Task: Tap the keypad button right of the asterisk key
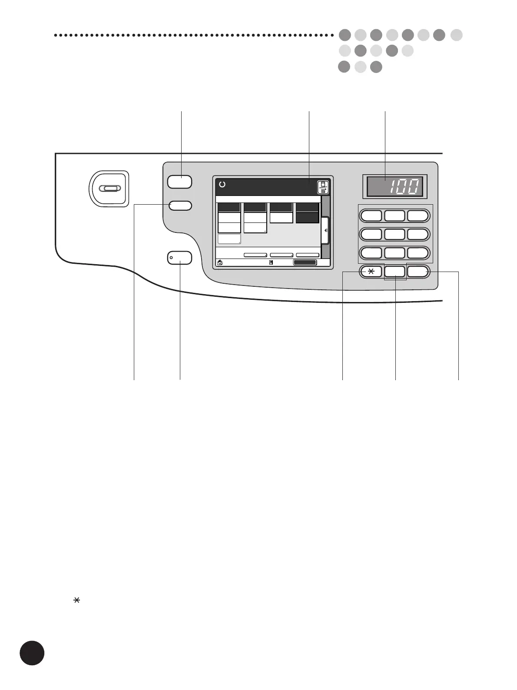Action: (x=395, y=272)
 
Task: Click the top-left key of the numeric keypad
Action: (x=371, y=216)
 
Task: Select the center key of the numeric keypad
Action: (x=395, y=234)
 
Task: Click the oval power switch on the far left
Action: (x=109, y=188)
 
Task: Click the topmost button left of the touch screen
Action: (x=179, y=182)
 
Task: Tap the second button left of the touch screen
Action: (x=180, y=205)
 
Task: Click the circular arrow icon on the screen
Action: (x=222, y=185)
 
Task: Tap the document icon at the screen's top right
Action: (x=323, y=187)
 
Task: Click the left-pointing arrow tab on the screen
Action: (x=325, y=231)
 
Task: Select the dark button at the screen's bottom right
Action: (x=305, y=262)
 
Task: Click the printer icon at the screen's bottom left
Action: (x=220, y=262)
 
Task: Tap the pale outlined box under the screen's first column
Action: (x=229, y=239)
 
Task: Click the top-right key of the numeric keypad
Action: (x=418, y=216)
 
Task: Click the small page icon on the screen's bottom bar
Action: (x=271, y=262)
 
